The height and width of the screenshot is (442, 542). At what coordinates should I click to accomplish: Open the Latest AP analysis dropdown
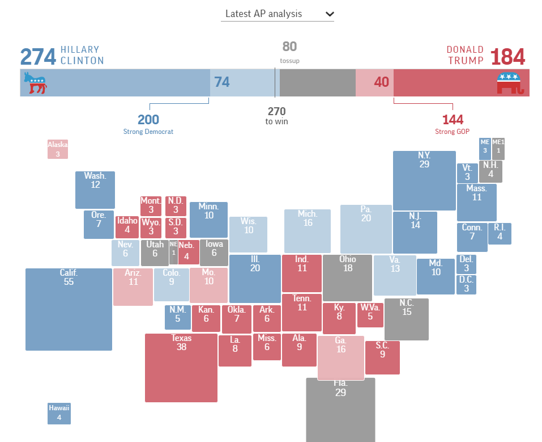click(x=277, y=14)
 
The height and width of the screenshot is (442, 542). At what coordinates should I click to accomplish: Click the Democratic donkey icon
click(x=35, y=83)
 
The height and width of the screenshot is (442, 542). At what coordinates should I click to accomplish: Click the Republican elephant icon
click(x=510, y=83)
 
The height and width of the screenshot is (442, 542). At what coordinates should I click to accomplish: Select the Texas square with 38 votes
click(x=181, y=368)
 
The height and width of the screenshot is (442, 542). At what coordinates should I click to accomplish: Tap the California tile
click(x=69, y=309)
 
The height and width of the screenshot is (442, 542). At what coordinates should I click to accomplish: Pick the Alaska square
click(x=58, y=149)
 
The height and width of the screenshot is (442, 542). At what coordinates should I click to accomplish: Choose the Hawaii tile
click(x=59, y=414)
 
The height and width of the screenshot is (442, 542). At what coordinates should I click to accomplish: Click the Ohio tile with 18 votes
click(x=347, y=277)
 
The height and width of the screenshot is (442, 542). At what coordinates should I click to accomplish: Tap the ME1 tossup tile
click(x=498, y=149)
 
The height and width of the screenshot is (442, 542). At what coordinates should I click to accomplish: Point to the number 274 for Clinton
click(x=38, y=57)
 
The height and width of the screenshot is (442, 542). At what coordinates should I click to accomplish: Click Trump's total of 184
click(x=507, y=57)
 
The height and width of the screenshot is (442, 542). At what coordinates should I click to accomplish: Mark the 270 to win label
click(x=276, y=115)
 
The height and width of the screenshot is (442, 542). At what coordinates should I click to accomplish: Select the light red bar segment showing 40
click(x=374, y=83)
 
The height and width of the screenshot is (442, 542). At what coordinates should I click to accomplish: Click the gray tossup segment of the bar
click(x=317, y=83)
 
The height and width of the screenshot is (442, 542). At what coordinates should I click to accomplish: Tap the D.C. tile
click(x=466, y=284)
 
